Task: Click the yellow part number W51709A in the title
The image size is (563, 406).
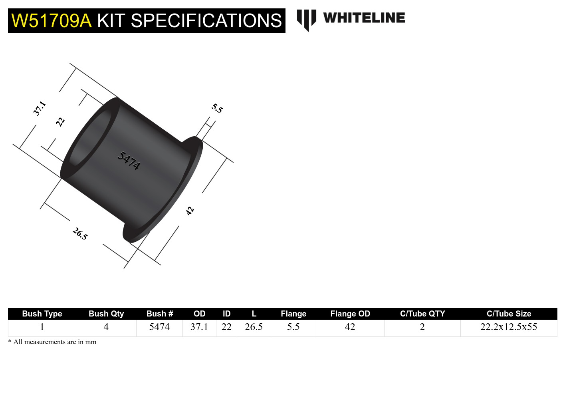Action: click(x=52, y=21)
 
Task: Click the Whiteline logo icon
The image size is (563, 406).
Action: click(x=306, y=19)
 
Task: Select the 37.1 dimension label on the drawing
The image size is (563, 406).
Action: click(x=40, y=108)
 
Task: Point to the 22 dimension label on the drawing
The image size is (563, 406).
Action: click(x=60, y=121)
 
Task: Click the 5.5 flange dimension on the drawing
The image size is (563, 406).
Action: click(x=217, y=108)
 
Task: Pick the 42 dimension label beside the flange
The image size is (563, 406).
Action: click(x=190, y=211)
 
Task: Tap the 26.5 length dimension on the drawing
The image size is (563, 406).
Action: click(x=80, y=233)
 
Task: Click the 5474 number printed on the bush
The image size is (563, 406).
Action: click(x=129, y=161)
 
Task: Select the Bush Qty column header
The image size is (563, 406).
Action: click(x=106, y=314)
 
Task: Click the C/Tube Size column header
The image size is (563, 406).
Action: click(x=509, y=314)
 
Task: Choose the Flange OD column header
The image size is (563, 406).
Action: click(x=350, y=314)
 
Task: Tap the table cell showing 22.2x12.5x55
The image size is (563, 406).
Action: click(x=509, y=327)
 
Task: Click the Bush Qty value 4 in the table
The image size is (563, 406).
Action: click(x=106, y=327)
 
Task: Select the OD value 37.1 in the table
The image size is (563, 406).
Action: click(x=199, y=327)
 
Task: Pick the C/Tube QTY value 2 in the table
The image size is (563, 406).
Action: click(x=422, y=327)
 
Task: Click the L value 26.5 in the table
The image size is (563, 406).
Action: click(x=254, y=327)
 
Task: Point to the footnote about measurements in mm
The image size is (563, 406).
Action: click(x=52, y=342)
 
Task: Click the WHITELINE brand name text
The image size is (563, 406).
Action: click(x=364, y=18)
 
